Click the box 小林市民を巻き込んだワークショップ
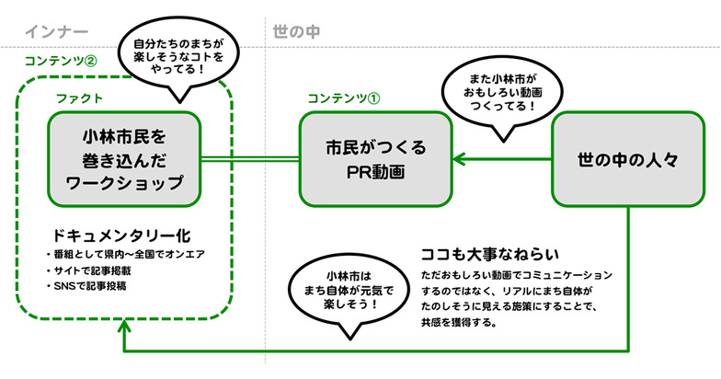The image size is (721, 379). pyautogui.click(x=124, y=158)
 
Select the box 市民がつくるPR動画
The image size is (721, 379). pyautogui.click(x=376, y=158)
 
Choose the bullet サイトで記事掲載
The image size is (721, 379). pyautogui.click(x=85, y=270)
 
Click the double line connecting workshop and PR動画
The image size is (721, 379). pyautogui.click(x=249, y=158)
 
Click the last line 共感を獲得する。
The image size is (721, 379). pyautogui.click(x=459, y=324)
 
